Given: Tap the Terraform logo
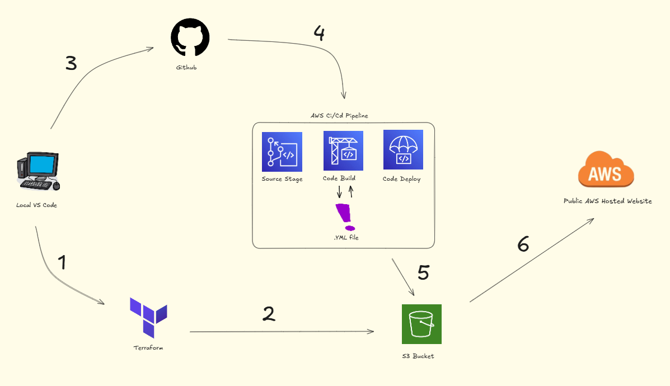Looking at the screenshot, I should (x=148, y=317).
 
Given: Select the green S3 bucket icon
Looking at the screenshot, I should (x=421, y=324).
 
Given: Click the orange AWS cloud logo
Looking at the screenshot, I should (x=606, y=170).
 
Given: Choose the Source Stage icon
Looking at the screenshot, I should (x=282, y=152).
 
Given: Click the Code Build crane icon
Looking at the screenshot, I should (x=343, y=150).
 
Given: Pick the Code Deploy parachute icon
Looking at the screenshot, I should (x=403, y=149).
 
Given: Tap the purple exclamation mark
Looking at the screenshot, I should (x=345, y=217).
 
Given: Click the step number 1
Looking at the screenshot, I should (x=62, y=262).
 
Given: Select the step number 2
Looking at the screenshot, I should (x=269, y=314).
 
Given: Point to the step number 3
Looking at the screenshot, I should (x=71, y=64).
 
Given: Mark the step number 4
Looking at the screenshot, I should (x=318, y=34).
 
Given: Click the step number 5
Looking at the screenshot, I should (x=423, y=272).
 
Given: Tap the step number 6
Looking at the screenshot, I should (x=523, y=244).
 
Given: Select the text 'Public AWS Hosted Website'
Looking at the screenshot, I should (x=607, y=201).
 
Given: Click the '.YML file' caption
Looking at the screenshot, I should (x=345, y=238).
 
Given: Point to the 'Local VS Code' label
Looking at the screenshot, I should (x=36, y=205).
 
